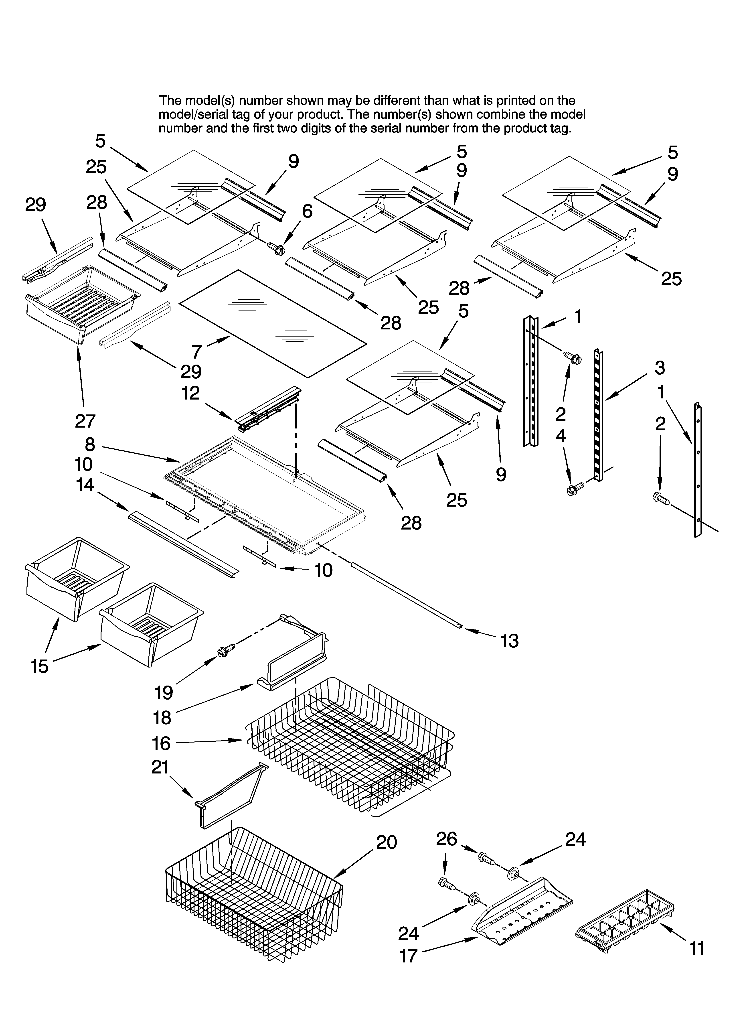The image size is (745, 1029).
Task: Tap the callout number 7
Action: pyautogui.click(x=196, y=352)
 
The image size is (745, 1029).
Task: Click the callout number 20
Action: pyautogui.click(x=387, y=842)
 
